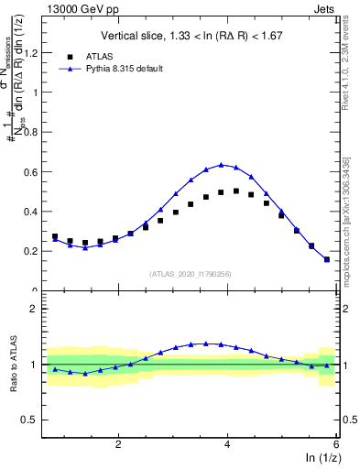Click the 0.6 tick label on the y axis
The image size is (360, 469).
[x=33, y=171]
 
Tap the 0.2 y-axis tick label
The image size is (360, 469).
[x=33, y=250]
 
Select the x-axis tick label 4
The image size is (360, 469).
[x=227, y=444]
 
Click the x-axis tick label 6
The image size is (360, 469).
[x=336, y=444]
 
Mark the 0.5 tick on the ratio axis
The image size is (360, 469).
[x=33, y=420]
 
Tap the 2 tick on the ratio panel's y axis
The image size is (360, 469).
[x=37, y=309]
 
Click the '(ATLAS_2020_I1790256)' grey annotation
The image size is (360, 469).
[x=191, y=273]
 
